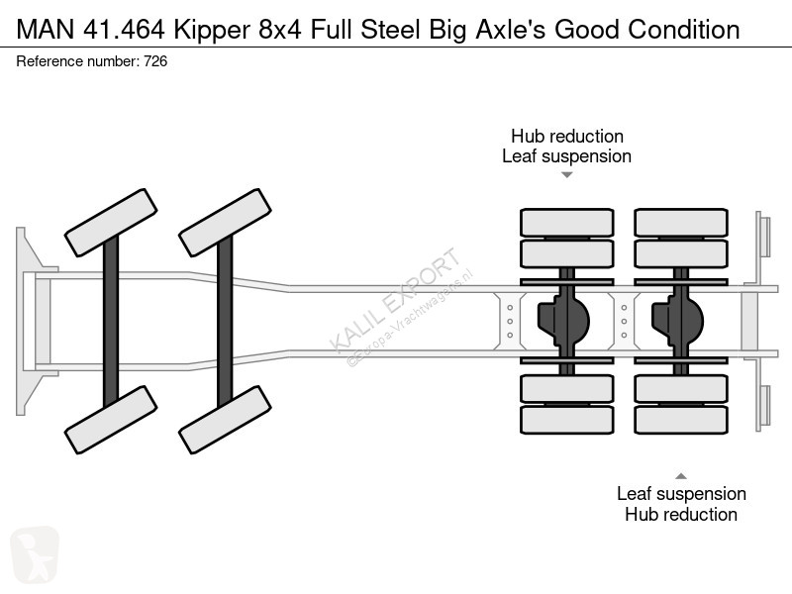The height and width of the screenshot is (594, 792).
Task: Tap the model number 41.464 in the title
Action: click(120, 30)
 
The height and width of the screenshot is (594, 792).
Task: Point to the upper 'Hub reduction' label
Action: click(566, 136)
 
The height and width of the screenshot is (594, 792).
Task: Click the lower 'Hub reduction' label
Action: click(681, 514)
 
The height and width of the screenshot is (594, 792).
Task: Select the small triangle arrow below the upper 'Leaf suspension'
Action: click(567, 175)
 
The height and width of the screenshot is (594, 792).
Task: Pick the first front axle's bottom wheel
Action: click(111, 420)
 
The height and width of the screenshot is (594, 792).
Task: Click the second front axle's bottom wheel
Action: click(225, 420)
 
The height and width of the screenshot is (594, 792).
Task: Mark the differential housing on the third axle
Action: click(562, 320)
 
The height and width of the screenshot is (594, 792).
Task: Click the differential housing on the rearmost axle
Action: click(676, 320)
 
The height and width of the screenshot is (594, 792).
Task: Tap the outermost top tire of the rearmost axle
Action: click(681, 222)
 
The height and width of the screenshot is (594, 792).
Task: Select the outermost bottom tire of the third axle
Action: click(567, 420)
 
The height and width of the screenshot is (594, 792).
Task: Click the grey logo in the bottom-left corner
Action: click(35, 554)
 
